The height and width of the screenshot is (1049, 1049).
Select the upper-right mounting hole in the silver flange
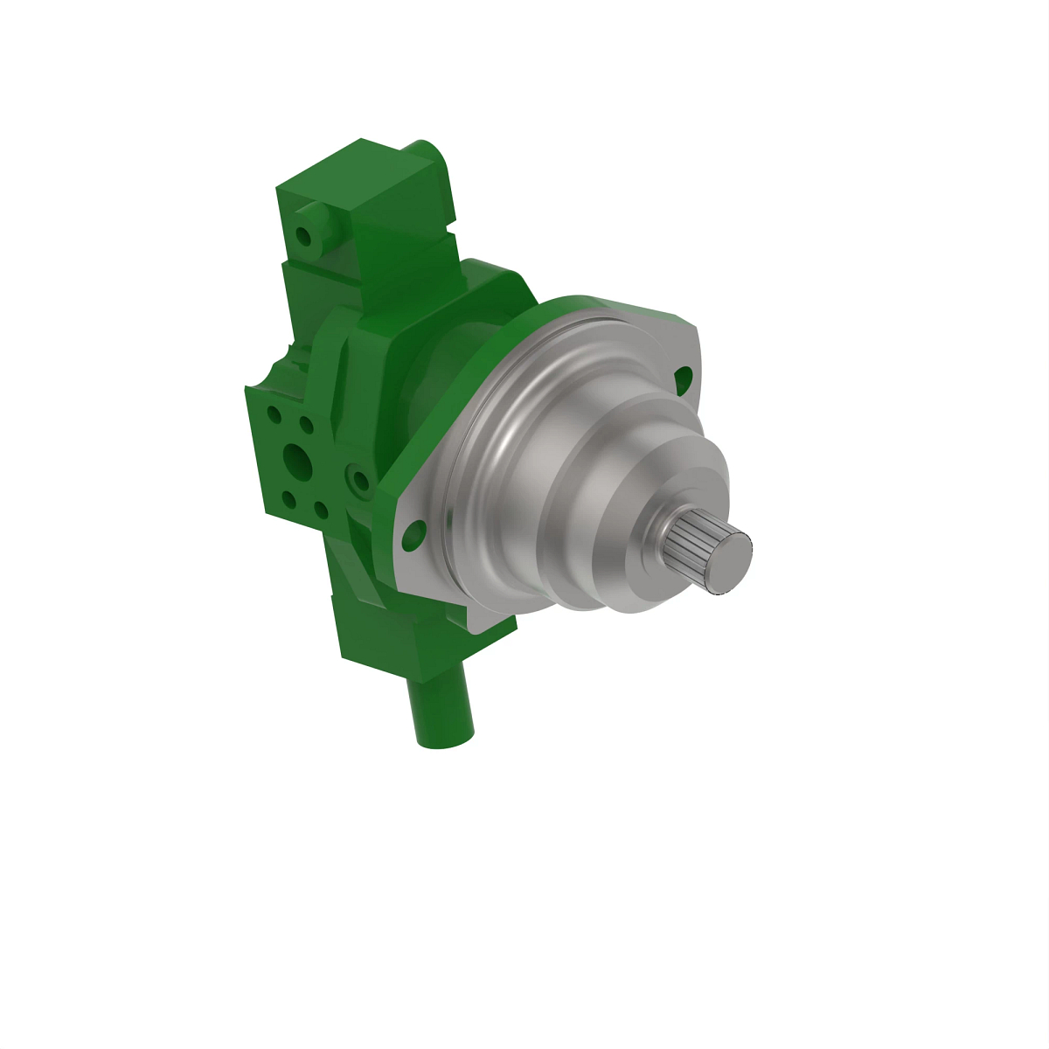tap(684, 378)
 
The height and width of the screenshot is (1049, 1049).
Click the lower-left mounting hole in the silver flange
tap(413, 532)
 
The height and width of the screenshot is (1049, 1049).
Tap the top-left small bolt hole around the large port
tap(274, 413)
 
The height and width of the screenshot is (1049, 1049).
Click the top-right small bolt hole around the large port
tap(306, 425)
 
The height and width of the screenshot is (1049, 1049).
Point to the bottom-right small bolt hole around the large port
tap(320, 510)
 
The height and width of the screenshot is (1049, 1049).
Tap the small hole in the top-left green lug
tap(303, 236)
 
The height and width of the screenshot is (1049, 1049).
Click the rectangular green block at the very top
tap(367, 188)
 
